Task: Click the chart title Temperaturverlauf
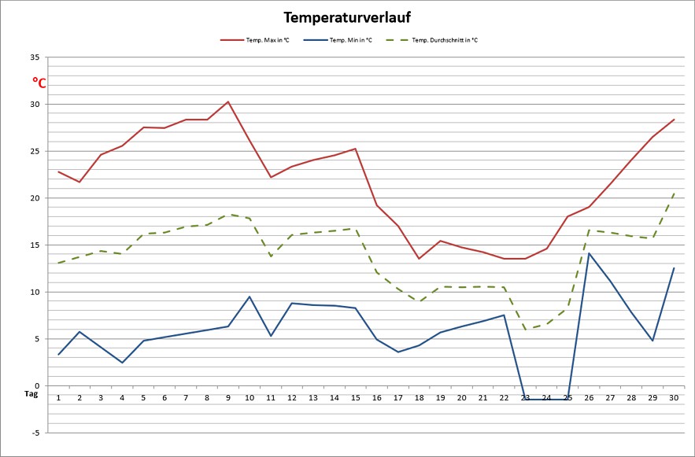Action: click(347, 17)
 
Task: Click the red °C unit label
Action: click(39, 82)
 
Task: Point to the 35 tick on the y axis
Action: click(34, 57)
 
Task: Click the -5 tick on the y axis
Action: click(34, 433)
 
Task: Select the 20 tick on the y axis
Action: click(34, 198)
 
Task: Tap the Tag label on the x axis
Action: click(31, 393)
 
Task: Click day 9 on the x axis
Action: click(228, 398)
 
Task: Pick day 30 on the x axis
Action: click(674, 398)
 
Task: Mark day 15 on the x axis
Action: click(355, 398)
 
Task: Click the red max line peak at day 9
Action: click(228, 101)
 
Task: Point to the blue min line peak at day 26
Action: click(589, 253)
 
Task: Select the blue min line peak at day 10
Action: click(250, 297)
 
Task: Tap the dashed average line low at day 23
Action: click(525, 329)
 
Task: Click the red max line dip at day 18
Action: click(419, 259)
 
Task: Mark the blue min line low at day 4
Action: click(122, 363)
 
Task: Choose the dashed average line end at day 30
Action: click(674, 193)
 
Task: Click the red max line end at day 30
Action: click(674, 120)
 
